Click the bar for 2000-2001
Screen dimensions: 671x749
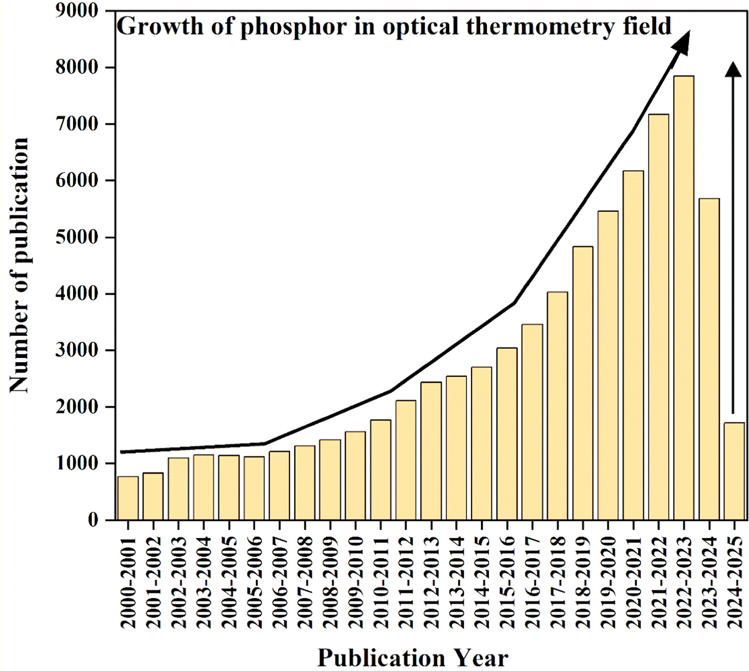128,498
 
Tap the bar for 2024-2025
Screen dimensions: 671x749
734,471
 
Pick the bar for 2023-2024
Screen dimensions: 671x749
709,358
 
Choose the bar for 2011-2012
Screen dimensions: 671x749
406,460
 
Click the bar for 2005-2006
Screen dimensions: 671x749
254,488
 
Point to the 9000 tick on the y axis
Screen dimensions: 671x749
76,11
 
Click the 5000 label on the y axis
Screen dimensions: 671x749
76,237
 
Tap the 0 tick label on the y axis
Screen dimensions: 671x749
93,520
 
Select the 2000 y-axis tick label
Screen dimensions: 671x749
76,407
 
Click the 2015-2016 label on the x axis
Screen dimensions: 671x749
507,582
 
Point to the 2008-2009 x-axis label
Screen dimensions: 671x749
330,582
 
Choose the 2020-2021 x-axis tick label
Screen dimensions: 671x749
633,582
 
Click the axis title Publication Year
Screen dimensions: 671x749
412,658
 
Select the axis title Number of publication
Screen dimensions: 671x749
19,265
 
